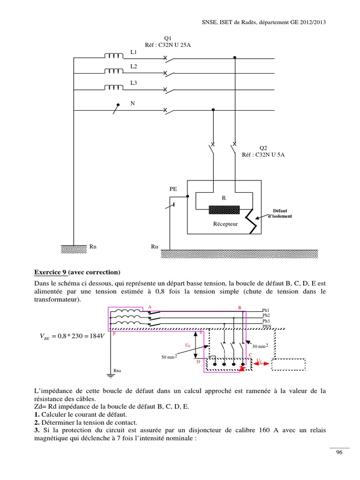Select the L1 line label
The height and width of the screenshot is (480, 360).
[x=134, y=52]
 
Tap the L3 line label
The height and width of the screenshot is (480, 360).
[x=134, y=82]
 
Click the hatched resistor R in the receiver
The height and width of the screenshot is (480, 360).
[x=224, y=210]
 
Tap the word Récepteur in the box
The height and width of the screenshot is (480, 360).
[x=225, y=224]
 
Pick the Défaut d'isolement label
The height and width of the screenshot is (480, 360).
[x=280, y=213]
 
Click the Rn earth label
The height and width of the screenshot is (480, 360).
[x=93, y=246]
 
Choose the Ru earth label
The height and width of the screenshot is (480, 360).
[x=155, y=246]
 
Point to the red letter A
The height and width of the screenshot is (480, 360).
[x=150, y=307]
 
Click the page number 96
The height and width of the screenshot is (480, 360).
[x=339, y=452]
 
